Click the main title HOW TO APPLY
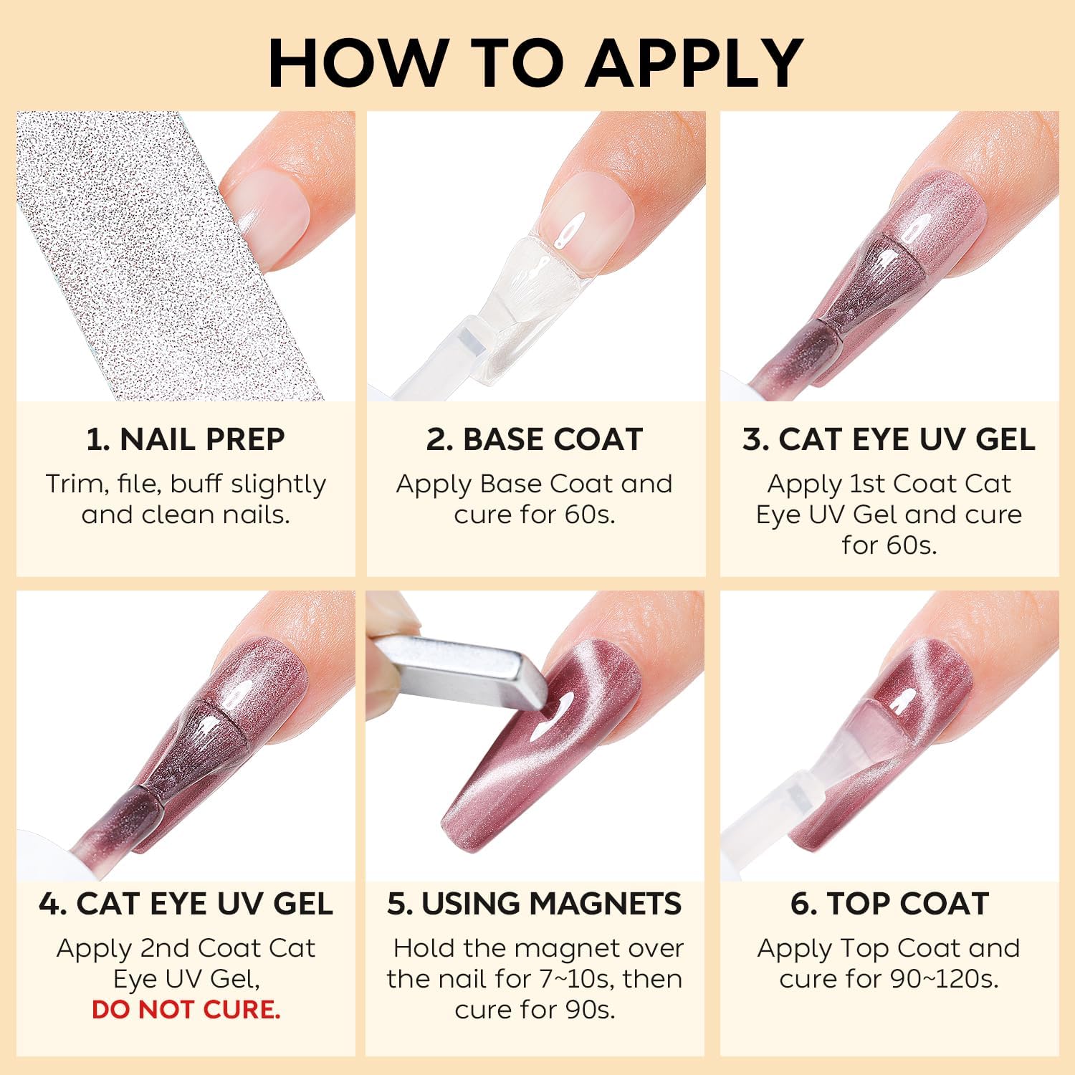click(x=536, y=63)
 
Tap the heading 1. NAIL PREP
click(x=186, y=439)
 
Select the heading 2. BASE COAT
click(x=535, y=439)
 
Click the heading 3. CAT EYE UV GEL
click(x=889, y=439)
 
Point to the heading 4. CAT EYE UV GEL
click(x=186, y=904)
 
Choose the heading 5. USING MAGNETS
click(x=535, y=904)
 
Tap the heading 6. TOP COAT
click(x=889, y=904)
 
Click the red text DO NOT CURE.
click(x=186, y=1010)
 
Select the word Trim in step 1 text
click(x=69, y=484)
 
